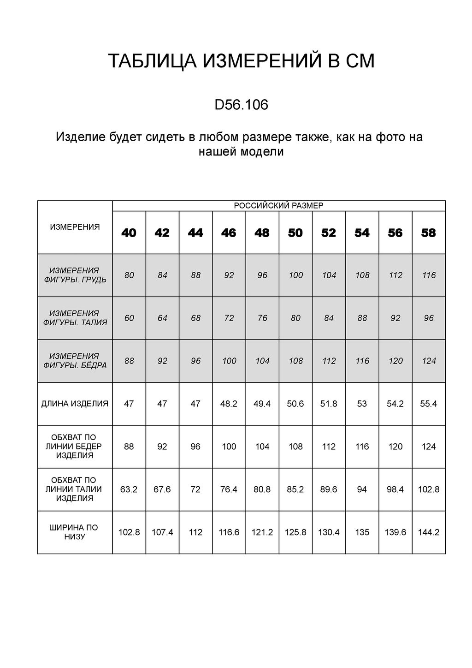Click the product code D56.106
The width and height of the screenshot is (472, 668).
coord(241,106)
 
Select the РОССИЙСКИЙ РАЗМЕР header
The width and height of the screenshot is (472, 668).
coord(279,206)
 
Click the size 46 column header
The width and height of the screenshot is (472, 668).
coord(229,233)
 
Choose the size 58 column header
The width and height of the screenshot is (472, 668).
coord(429,233)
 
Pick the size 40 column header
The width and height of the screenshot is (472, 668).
coord(129,233)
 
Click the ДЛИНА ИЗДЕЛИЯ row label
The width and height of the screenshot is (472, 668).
coord(75,404)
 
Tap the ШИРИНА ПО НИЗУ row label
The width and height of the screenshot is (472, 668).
coord(75,532)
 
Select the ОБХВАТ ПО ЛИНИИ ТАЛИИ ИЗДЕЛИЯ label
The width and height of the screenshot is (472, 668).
coord(75,489)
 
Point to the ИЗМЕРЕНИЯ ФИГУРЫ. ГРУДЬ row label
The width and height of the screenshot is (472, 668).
coord(75,275)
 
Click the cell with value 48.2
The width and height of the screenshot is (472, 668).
coord(229,404)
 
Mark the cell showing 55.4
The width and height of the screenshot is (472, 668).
coord(429,404)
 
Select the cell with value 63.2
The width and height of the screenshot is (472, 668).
coord(129,489)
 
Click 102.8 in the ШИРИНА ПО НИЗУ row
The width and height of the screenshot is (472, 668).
coord(129,532)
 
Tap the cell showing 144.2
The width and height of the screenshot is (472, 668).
coord(429,532)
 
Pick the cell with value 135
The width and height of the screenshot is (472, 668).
coord(362,532)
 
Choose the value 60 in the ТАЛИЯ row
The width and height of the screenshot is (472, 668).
coord(129,318)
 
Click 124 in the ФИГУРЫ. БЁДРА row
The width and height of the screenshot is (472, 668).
coord(429,361)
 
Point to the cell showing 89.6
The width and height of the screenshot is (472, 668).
coord(329,489)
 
